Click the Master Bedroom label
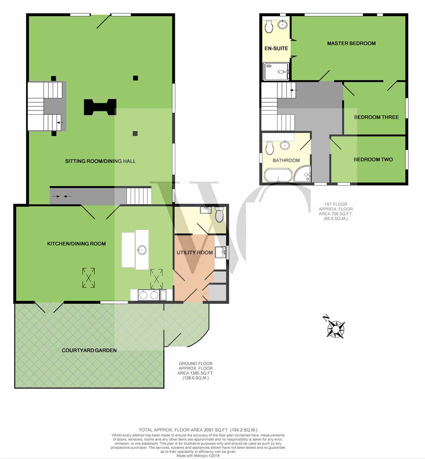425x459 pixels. coord(351,43)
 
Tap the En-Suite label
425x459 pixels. coord(276,48)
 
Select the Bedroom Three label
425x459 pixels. coord(377,117)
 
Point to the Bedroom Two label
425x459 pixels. coord(373,159)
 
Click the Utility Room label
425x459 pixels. coord(194,252)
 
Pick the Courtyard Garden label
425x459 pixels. coord(89,350)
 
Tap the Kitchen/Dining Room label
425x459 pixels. coord(77,244)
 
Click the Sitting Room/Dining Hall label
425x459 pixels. coord(100,161)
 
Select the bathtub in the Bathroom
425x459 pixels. coord(278,175)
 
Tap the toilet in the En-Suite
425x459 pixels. coord(269,26)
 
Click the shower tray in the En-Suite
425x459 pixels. coord(276,71)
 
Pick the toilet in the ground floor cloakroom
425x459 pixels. coord(219,215)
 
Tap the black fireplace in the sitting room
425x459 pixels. coord(100,107)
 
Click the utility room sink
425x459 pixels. coord(220,252)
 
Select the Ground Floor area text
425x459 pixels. coord(196,371)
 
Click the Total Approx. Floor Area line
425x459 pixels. coord(198,430)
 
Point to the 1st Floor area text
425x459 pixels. coord(336,211)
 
